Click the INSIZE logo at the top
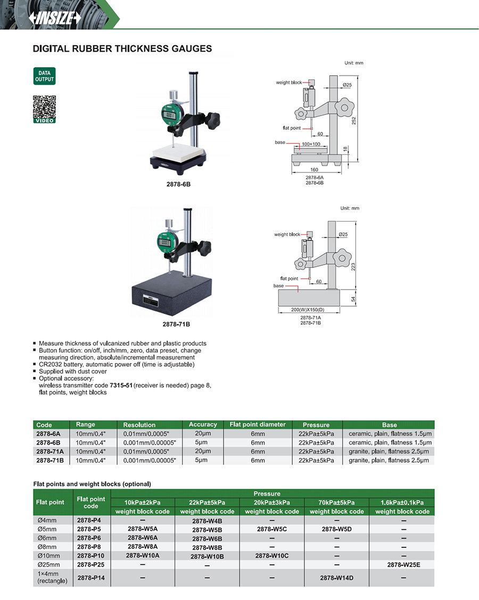coord(55,18)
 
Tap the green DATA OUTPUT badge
coord(44,76)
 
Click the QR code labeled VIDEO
coord(44,110)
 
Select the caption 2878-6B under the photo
coord(178,184)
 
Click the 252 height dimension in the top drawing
coord(354,120)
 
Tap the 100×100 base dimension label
coord(311,144)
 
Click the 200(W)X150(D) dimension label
coord(308,309)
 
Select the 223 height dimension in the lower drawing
coord(353,267)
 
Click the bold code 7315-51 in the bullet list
coord(121,385)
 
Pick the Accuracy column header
coord(203,424)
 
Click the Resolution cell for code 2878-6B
coord(150,442)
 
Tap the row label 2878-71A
coord(50,451)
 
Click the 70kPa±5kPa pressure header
coord(337,503)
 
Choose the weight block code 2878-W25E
coord(403,564)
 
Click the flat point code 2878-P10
coord(90,556)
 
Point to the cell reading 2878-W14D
coord(337,578)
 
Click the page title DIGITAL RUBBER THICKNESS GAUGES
coord(122,48)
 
